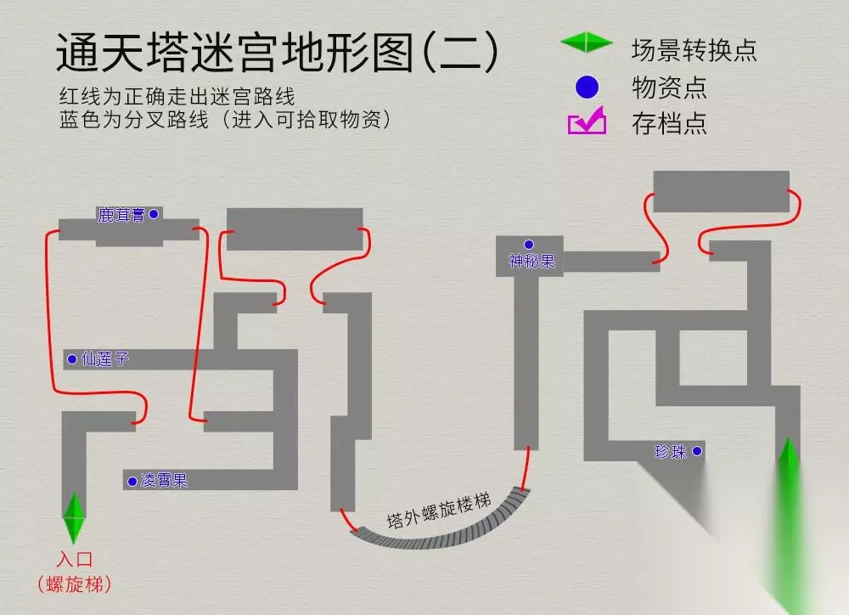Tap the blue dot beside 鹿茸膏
154,214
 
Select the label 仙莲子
105,358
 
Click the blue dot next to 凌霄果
132,482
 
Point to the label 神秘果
531,262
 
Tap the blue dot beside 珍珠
697,452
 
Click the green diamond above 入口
75,518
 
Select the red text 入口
75,560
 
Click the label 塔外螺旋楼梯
438,511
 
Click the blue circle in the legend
587,87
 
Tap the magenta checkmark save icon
587,123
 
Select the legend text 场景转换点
694,49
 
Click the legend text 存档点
669,124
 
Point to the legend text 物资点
669,87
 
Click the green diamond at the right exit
789,463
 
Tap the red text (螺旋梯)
75,584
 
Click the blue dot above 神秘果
529,245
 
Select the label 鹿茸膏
121,215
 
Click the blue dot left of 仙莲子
72,359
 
